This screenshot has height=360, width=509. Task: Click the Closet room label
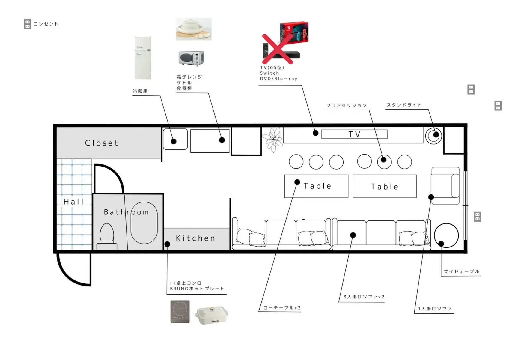102,143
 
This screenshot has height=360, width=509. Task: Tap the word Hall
73,202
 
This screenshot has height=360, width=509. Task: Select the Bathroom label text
126,212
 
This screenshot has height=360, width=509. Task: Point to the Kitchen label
195,238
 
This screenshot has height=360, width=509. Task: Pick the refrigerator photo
143,58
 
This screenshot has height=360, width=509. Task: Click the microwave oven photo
191,58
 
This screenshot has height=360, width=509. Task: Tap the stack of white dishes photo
194,29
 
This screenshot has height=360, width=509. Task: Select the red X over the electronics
278,49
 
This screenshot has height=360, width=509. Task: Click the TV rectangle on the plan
354,134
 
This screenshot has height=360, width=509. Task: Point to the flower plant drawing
273,139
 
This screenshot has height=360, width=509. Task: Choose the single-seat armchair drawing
445,186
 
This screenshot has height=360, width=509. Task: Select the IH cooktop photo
180,312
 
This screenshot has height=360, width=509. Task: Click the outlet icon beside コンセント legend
28,24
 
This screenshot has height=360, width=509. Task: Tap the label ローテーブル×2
282,308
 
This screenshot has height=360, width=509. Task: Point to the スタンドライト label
404,105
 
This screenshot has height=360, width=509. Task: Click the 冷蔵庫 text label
140,91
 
